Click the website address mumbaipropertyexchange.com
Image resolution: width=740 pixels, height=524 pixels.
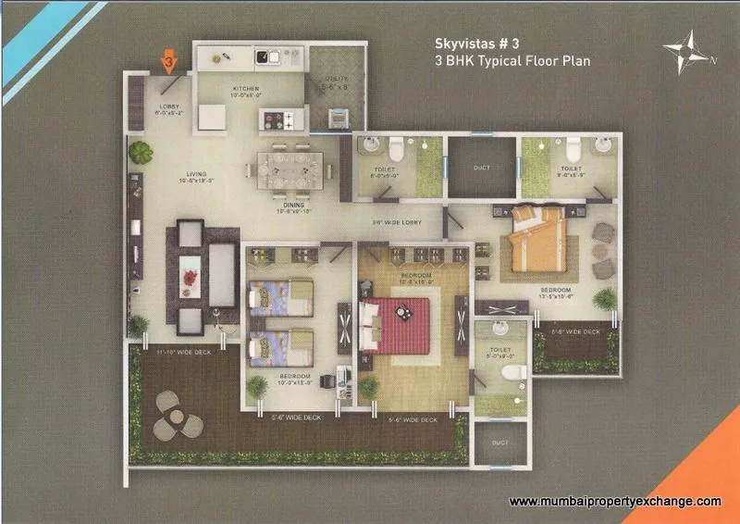pyautogui.click(x=615, y=501)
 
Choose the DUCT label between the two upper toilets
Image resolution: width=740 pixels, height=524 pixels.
pyautogui.click(x=481, y=168)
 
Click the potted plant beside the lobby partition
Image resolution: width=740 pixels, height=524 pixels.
pyautogui.click(x=139, y=151)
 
